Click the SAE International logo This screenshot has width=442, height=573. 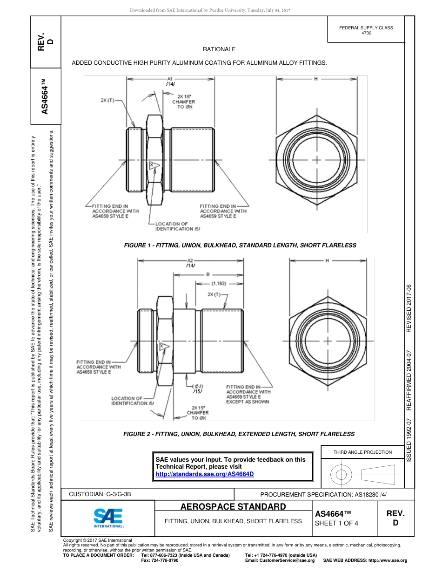pyautogui.click(x=108, y=517)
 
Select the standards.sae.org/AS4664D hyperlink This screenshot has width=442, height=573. pyautogui.click(x=205, y=474)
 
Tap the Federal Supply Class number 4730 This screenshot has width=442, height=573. pyautogui.click(x=366, y=34)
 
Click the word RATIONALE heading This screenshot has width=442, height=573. pyautogui.click(x=219, y=49)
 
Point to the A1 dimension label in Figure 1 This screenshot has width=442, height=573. pyautogui.click(x=170, y=79)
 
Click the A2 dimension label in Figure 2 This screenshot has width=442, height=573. pyautogui.click(x=190, y=260)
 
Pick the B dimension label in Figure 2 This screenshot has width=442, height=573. pyautogui.click(x=208, y=274)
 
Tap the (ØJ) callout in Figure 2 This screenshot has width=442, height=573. pyautogui.click(x=197, y=386)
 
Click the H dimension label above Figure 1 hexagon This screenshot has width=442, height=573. pyautogui.click(x=315, y=79)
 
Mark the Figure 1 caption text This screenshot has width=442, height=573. pyautogui.click(x=240, y=245)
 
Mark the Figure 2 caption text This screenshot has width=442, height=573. pyautogui.click(x=239, y=434)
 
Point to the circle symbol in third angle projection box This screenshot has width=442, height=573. pyautogui.click(x=342, y=475)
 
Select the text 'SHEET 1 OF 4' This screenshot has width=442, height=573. pyautogui.click(x=336, y=523)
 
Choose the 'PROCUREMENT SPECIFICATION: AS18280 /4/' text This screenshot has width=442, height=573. pyautogui.click(x=323, y=494)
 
